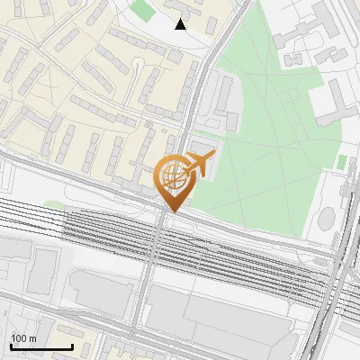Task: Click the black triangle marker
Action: [181, 24]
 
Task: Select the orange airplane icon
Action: [200, 164]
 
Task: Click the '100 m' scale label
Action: [23, 338]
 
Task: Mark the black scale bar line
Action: [41, 346]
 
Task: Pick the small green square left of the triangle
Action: [140, 11]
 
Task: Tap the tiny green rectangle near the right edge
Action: [342, 161]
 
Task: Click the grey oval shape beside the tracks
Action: [327, 219]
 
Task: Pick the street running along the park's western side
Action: [195, 99]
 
